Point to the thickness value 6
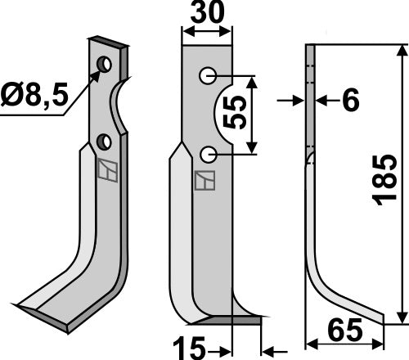[349, 101]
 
